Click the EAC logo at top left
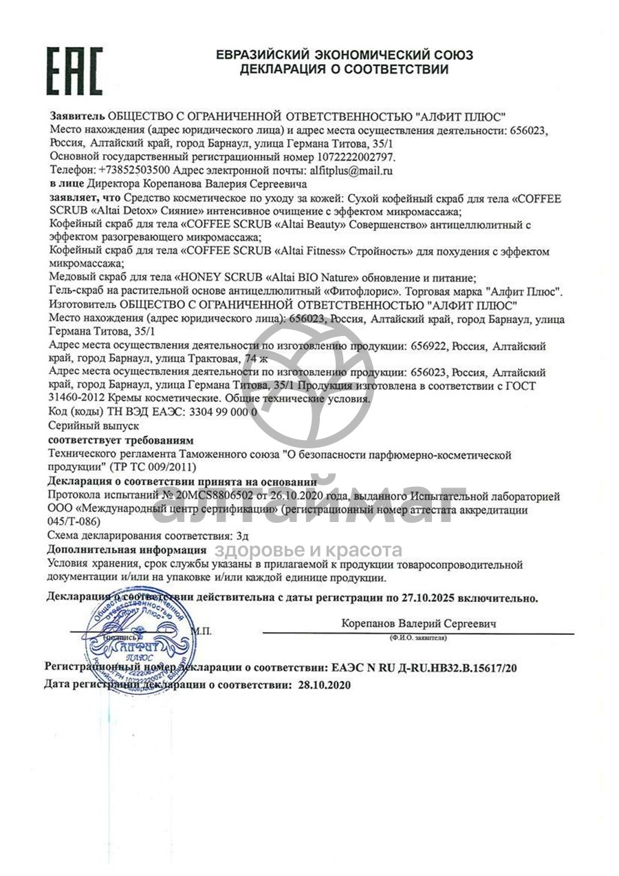(74, 71)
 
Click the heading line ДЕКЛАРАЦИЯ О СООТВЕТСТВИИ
(344, 70)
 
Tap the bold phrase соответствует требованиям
(121, 440)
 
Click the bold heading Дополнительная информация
(127, 550)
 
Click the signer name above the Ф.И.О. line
(419, 623)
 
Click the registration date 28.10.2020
(323, 686)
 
